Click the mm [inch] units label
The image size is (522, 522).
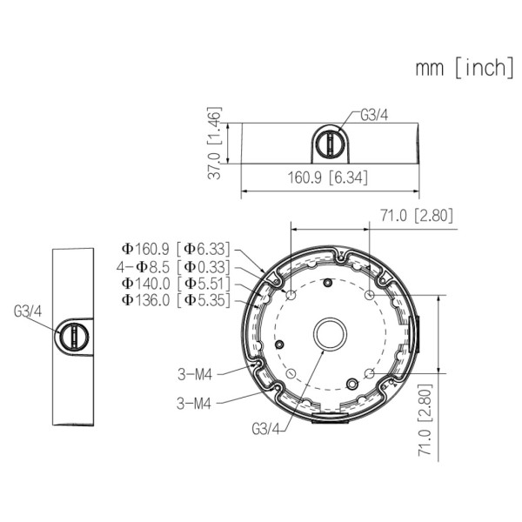tap(464, 68)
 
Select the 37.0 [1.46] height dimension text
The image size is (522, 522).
tap(216, 144)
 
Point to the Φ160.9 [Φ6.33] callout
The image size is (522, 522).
tap(176, 249)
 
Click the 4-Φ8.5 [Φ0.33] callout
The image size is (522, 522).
tap(176, 266)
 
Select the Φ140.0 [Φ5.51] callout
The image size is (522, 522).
tap(176, 284)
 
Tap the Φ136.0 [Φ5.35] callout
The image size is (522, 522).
tap(176, 300)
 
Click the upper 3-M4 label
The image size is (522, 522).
tap(196, 374)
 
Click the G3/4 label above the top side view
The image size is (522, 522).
tap(374, 114)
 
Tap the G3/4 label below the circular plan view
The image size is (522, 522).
tap(265, 429)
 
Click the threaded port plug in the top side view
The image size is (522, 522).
tap(329, 143)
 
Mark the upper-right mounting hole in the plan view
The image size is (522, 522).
tap(370, 296)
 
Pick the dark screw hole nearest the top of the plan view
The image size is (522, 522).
tap(327, 282)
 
